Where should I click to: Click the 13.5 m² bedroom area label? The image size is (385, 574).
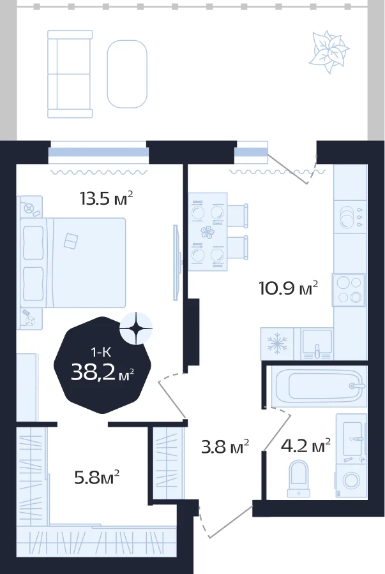(x=106, y=198)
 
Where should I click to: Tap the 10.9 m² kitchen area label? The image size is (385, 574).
(x=288, y=288)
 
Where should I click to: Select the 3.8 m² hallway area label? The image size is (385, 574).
(x=225, y=446)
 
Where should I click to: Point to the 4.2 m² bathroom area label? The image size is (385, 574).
(x=306, y=446)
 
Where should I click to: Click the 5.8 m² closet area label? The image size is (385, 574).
(x=96, y=477)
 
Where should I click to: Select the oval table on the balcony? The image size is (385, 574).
(x=127, y=74)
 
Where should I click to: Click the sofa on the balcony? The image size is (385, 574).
(x=70, y=75)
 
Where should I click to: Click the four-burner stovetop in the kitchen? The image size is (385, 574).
(x=349, y=290)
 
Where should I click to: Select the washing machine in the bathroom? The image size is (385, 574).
(x=351, y=481)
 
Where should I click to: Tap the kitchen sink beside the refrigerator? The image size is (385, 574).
(x=317, y=344)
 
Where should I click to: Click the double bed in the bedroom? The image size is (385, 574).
(x=73, y=263)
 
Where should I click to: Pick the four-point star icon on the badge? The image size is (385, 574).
(x=136, y=328)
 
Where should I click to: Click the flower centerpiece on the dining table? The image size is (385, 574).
(x=208, y=232)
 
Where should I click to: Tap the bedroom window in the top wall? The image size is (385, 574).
(x=98, y=152)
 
